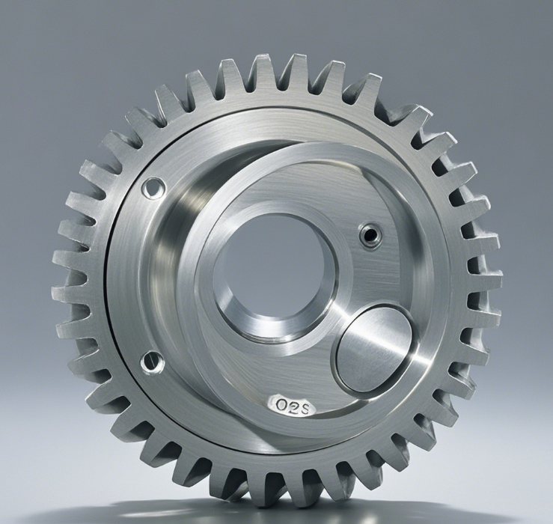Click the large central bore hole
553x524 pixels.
click(272, 272)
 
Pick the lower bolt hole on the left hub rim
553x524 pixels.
click(152, 362)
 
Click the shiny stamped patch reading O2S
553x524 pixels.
click(292, 406)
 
